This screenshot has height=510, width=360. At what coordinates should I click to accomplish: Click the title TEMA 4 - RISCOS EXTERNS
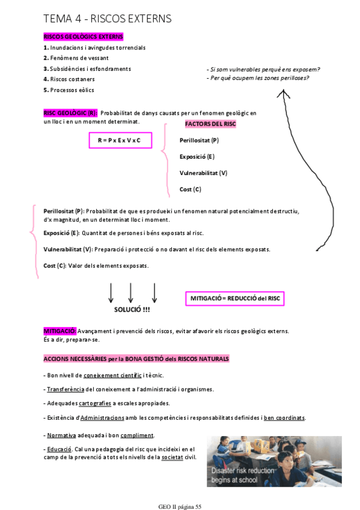tap(107, 19)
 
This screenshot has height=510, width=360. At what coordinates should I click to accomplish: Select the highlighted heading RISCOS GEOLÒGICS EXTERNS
tap(83, 37)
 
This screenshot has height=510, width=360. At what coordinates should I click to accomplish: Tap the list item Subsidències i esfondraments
tap(90, 69)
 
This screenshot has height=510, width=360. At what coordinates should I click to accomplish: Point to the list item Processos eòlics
tap(72, 90)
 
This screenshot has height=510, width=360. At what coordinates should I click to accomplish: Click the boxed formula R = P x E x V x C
tap(119, 140)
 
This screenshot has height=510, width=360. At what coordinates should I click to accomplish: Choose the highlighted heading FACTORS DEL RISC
tap(210, 124)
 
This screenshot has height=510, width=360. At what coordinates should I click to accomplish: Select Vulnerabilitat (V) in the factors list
tap(203, 173)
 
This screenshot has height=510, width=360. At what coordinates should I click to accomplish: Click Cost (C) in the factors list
tap(190, 189)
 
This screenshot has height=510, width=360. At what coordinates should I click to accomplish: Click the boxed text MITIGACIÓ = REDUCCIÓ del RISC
tap(236, 298)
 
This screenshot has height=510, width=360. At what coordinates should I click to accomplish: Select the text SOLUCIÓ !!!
tap(132, 309)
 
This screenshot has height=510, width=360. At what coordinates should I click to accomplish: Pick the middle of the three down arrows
tap(130, 292)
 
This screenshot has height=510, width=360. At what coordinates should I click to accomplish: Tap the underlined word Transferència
tap(66, 389)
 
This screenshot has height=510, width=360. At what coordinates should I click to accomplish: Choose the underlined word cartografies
tap(95, 403)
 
